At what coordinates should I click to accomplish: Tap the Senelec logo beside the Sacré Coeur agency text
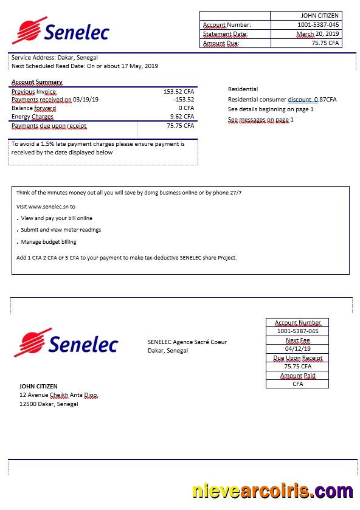click(x=66, y=344)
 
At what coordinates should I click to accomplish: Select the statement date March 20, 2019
click(x=318, y=34)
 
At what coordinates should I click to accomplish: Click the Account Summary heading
click(x=36, y=82)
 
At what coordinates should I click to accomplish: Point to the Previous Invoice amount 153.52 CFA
click(x=179, y=92)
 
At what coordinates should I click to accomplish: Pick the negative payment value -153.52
click(x=184, y=100)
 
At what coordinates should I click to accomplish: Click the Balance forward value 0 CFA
click(x=185, y=108)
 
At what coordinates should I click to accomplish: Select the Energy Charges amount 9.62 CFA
click(x=182, y=117)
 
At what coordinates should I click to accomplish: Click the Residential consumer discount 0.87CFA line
click(x=282, y=100)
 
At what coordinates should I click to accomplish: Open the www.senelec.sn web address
click(x=48, y=207)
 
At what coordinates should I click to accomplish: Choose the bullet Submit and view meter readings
click(x=61, y=230)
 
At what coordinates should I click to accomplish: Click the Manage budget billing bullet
click(x=49, y=242)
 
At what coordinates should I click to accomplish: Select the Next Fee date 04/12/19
click(x=297, y=349)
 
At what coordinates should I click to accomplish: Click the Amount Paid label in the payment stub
click(x=297, y=376)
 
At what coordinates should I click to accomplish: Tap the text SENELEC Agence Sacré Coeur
click(x=187, y=342)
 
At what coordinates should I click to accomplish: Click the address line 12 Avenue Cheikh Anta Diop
click(x=58, y=395)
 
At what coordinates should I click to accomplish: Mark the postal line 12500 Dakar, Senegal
click(x=49, y=404)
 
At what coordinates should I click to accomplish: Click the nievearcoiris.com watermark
click(x=272, y=491)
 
